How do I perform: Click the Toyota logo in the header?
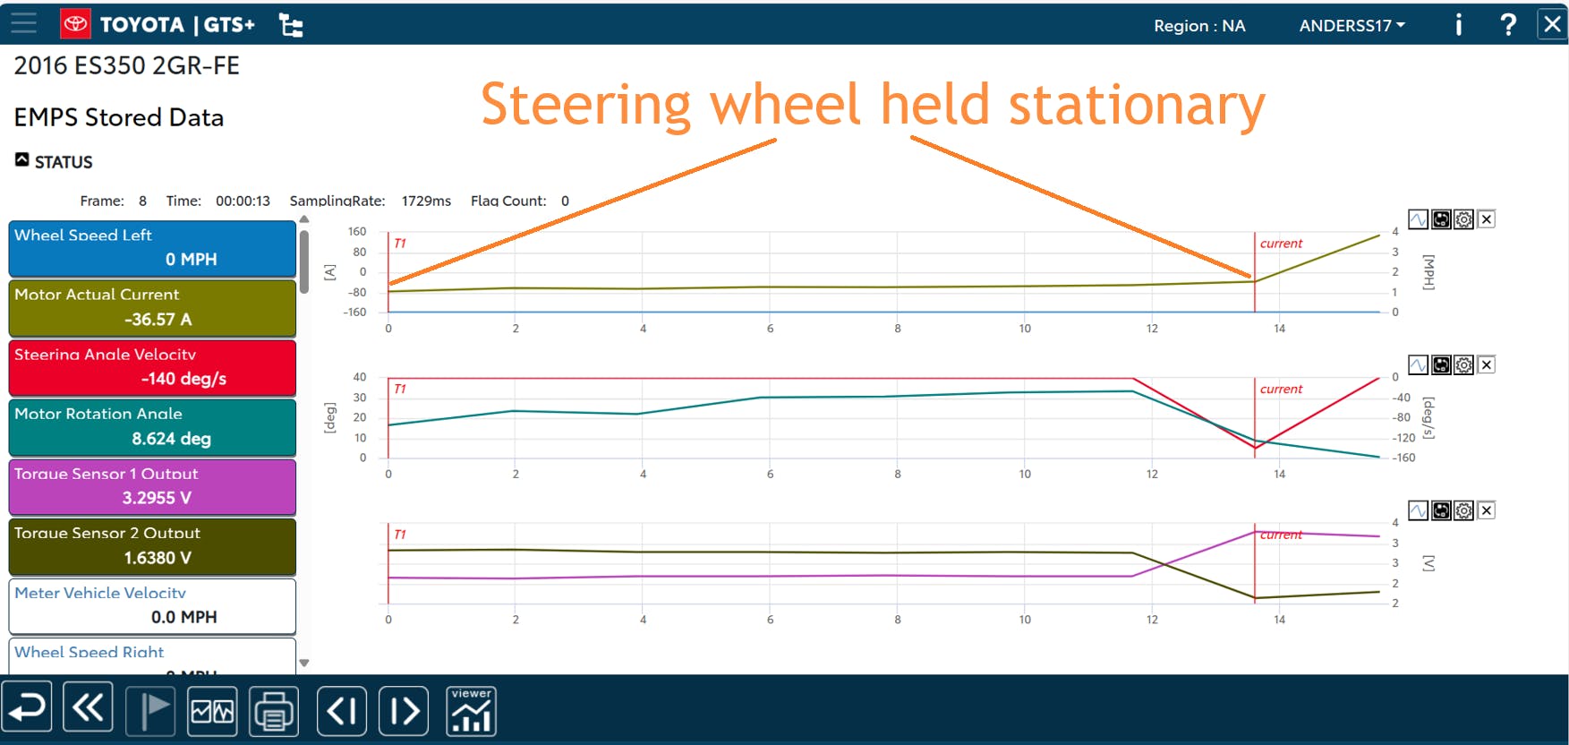[76, 24]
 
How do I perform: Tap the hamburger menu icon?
[24, 23]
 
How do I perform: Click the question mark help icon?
[1508, 24]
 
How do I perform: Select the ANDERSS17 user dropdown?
[1352, 26]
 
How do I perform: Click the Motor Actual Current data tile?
[152, 307]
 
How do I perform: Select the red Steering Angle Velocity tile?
[152, 367]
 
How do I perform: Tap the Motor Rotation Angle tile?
[152, 427]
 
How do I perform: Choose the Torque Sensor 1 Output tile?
[152, 486]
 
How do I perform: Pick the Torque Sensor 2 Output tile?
[152, 546]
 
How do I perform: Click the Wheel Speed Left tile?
[152, 248]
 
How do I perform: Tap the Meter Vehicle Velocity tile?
[152, 605]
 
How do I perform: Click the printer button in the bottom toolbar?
[274, 711]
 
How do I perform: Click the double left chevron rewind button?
[88, 709]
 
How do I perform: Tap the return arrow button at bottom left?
[27, 709]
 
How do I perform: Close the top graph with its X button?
[1486, 219]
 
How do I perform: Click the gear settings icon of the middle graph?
[1463, 365]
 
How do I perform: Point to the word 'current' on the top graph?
[1281, 244]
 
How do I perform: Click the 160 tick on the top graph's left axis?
[357, 232]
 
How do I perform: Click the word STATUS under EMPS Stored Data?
[64, 162]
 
